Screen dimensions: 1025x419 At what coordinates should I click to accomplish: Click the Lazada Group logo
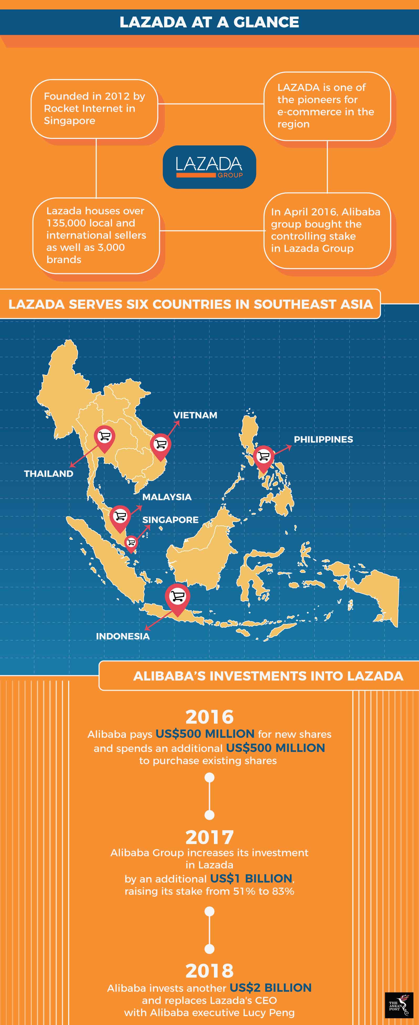[209, 167]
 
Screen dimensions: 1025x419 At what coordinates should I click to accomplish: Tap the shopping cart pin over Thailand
[104, 438]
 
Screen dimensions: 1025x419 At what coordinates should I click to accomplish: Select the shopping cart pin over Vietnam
[160, 445]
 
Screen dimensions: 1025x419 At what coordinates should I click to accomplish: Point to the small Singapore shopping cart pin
[131, 543]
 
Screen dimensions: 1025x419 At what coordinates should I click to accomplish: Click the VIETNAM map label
[195, 415]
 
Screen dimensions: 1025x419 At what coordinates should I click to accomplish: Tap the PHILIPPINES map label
[323, 439]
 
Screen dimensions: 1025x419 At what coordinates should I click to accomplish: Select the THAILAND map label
[49, 473]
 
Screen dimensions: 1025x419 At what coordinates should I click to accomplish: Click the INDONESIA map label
[123, 636]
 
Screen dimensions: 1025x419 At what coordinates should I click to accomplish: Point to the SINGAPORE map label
[170, 520]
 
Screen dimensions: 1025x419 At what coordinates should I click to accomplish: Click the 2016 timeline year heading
[210, 717]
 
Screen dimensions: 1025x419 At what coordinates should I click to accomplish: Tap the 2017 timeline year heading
[210, 837]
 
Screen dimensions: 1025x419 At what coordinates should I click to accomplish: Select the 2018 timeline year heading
[210, 971]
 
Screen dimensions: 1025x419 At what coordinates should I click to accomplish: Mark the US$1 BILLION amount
[251, 879]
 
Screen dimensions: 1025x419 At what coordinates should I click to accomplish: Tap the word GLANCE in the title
[266, 22]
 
